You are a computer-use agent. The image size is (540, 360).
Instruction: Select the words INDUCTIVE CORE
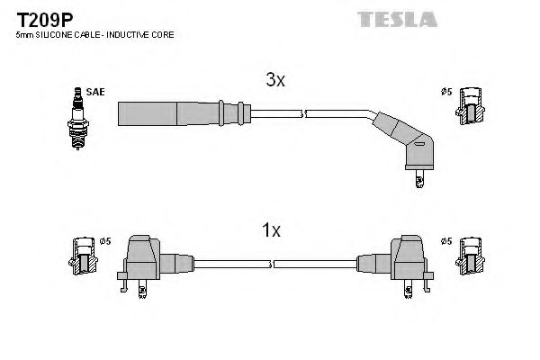point(144,34)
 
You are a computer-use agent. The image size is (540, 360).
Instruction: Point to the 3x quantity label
point(274,80)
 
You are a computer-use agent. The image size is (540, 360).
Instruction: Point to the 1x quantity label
point(271,231)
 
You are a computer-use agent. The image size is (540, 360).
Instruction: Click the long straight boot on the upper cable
point(171,114)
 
